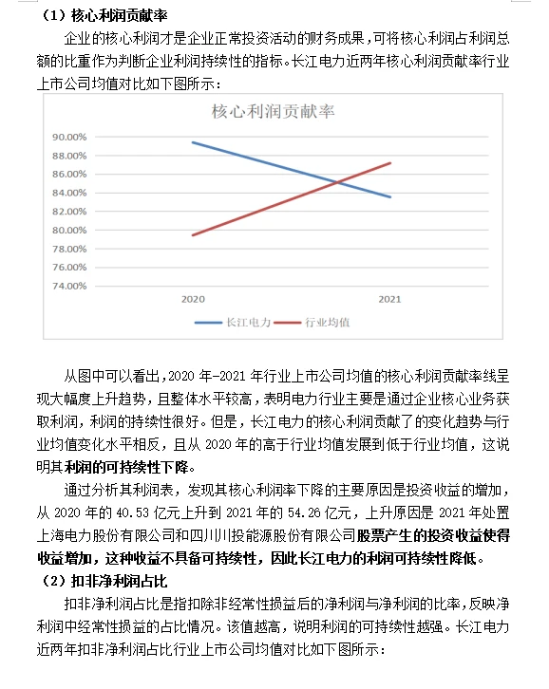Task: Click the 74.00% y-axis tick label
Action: [69, 285]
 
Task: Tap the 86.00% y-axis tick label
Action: [69, 175]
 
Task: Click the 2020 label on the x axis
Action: [193, 299]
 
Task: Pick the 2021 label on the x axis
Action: [389, 299]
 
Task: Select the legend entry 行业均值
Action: [329, 323]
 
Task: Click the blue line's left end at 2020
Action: [193, 142]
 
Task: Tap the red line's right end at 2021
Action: [390, 162]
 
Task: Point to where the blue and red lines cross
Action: [336, 180]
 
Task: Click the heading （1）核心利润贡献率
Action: [104, 13]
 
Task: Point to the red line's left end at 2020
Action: [193, 234]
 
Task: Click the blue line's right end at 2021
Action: [390, 197]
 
